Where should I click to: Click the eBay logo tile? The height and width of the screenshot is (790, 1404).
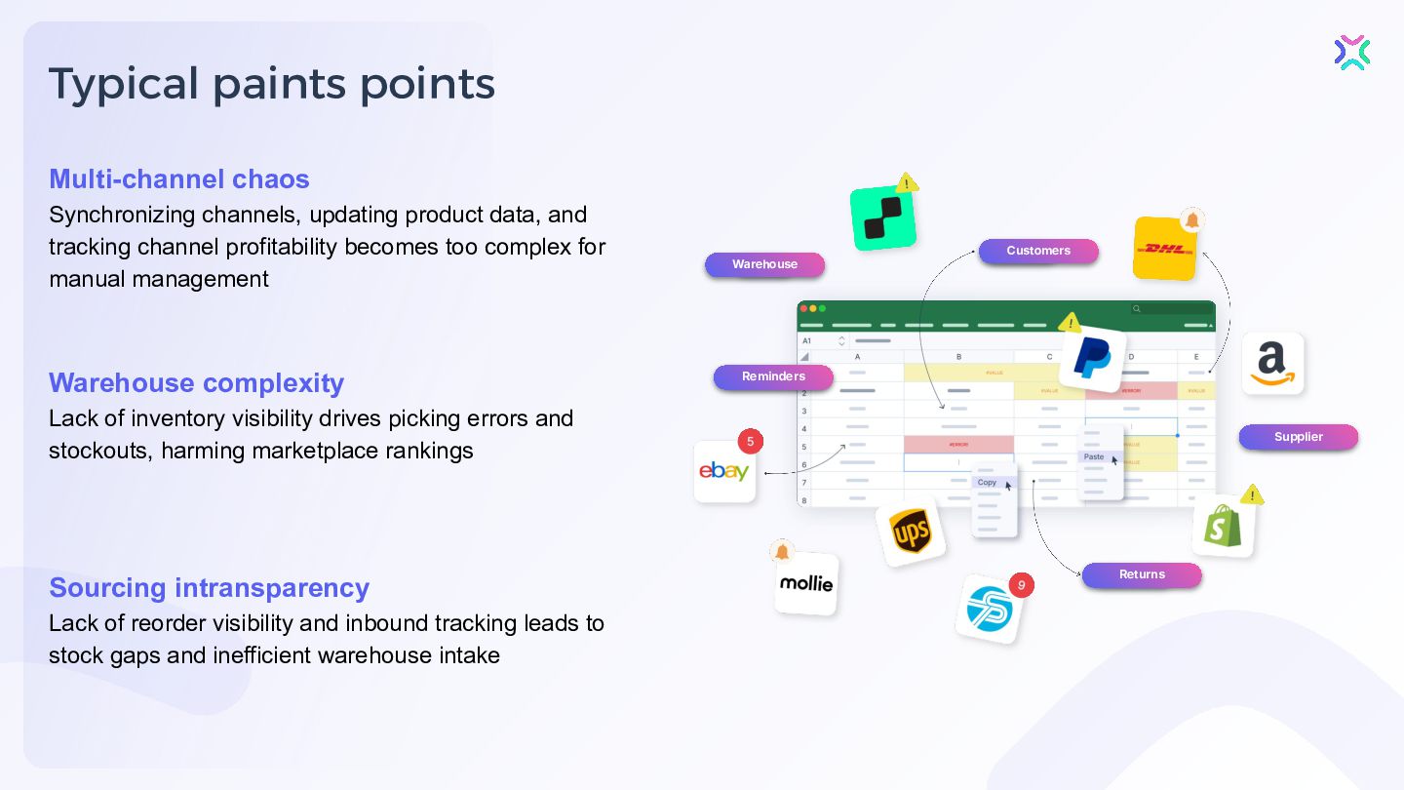pos(724,472)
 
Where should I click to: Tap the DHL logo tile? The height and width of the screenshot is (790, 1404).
pos(1165,249)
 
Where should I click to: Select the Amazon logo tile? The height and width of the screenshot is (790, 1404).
pos(1272,364)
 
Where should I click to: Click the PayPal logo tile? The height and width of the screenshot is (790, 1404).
pos(1092,359)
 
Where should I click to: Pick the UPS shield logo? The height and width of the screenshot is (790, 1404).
pos(911,533)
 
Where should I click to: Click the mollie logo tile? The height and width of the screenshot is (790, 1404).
pos(806,583)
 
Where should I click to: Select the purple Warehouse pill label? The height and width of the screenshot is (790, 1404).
pos(764,264)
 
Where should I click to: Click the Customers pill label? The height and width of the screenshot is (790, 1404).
pos(1038,251)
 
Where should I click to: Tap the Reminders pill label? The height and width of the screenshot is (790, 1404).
pos(773,376)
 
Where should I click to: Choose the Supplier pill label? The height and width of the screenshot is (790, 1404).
pos(1298,437)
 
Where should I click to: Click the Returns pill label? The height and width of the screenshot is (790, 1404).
pos(1142,574)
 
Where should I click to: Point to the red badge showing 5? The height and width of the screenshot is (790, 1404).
pos(750,442)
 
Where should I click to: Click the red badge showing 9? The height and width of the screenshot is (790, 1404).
pos(1021,585)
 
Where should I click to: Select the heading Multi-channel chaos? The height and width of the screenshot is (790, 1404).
pos(179,179)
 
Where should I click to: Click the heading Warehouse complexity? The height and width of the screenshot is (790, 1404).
pos(196,383)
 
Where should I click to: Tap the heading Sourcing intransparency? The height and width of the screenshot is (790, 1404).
pos(209,588)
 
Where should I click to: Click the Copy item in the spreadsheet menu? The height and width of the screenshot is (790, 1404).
pos(988,483)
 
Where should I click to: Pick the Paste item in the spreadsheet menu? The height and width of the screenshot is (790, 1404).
pos(1094,456)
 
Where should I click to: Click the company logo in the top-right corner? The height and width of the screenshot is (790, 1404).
pos(1352,53)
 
